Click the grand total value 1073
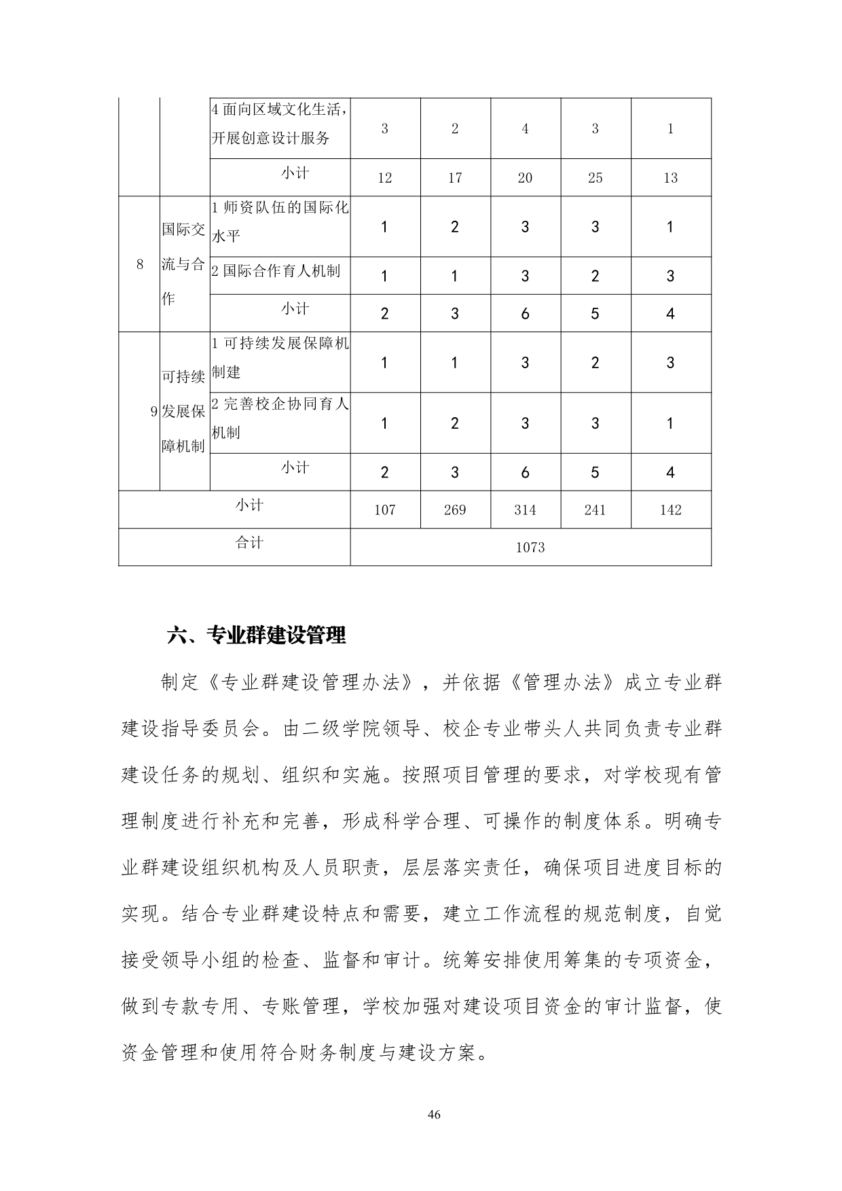point(530,547)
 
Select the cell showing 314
point(525,510)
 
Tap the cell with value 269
point(454,510)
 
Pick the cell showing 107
point(384,510)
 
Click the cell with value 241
point(595,510)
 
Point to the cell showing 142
point(670,510)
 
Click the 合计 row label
point(249,543)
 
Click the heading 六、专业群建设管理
point(257,635)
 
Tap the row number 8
point(140,264)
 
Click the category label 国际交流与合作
point(183,264)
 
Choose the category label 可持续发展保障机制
point(183,411)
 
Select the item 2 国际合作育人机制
point(276,271)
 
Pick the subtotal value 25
point(595,178)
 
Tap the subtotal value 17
point(454,178)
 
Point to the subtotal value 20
point(525,178)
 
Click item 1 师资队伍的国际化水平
point(280,221)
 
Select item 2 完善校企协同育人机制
point(280,418)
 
